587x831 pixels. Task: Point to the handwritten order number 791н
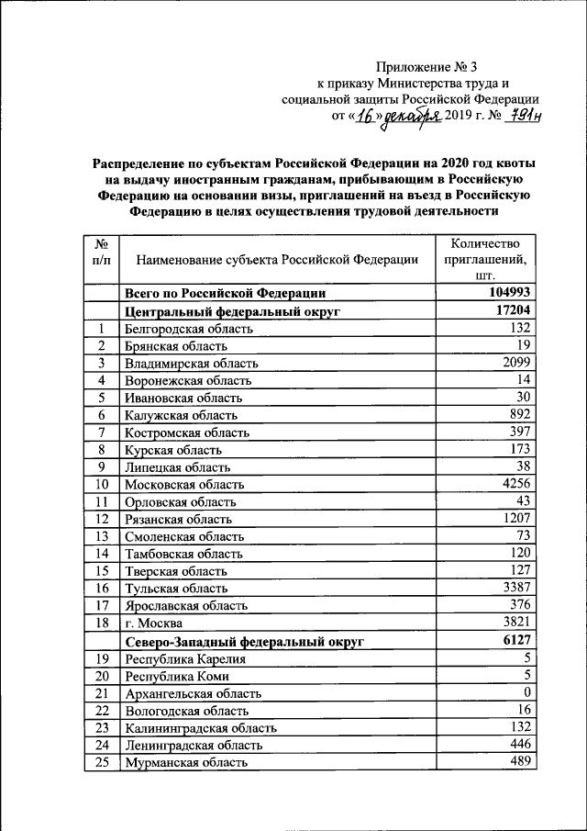519,116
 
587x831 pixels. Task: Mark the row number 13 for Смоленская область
102,536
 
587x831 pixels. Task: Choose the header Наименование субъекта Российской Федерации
277,260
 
